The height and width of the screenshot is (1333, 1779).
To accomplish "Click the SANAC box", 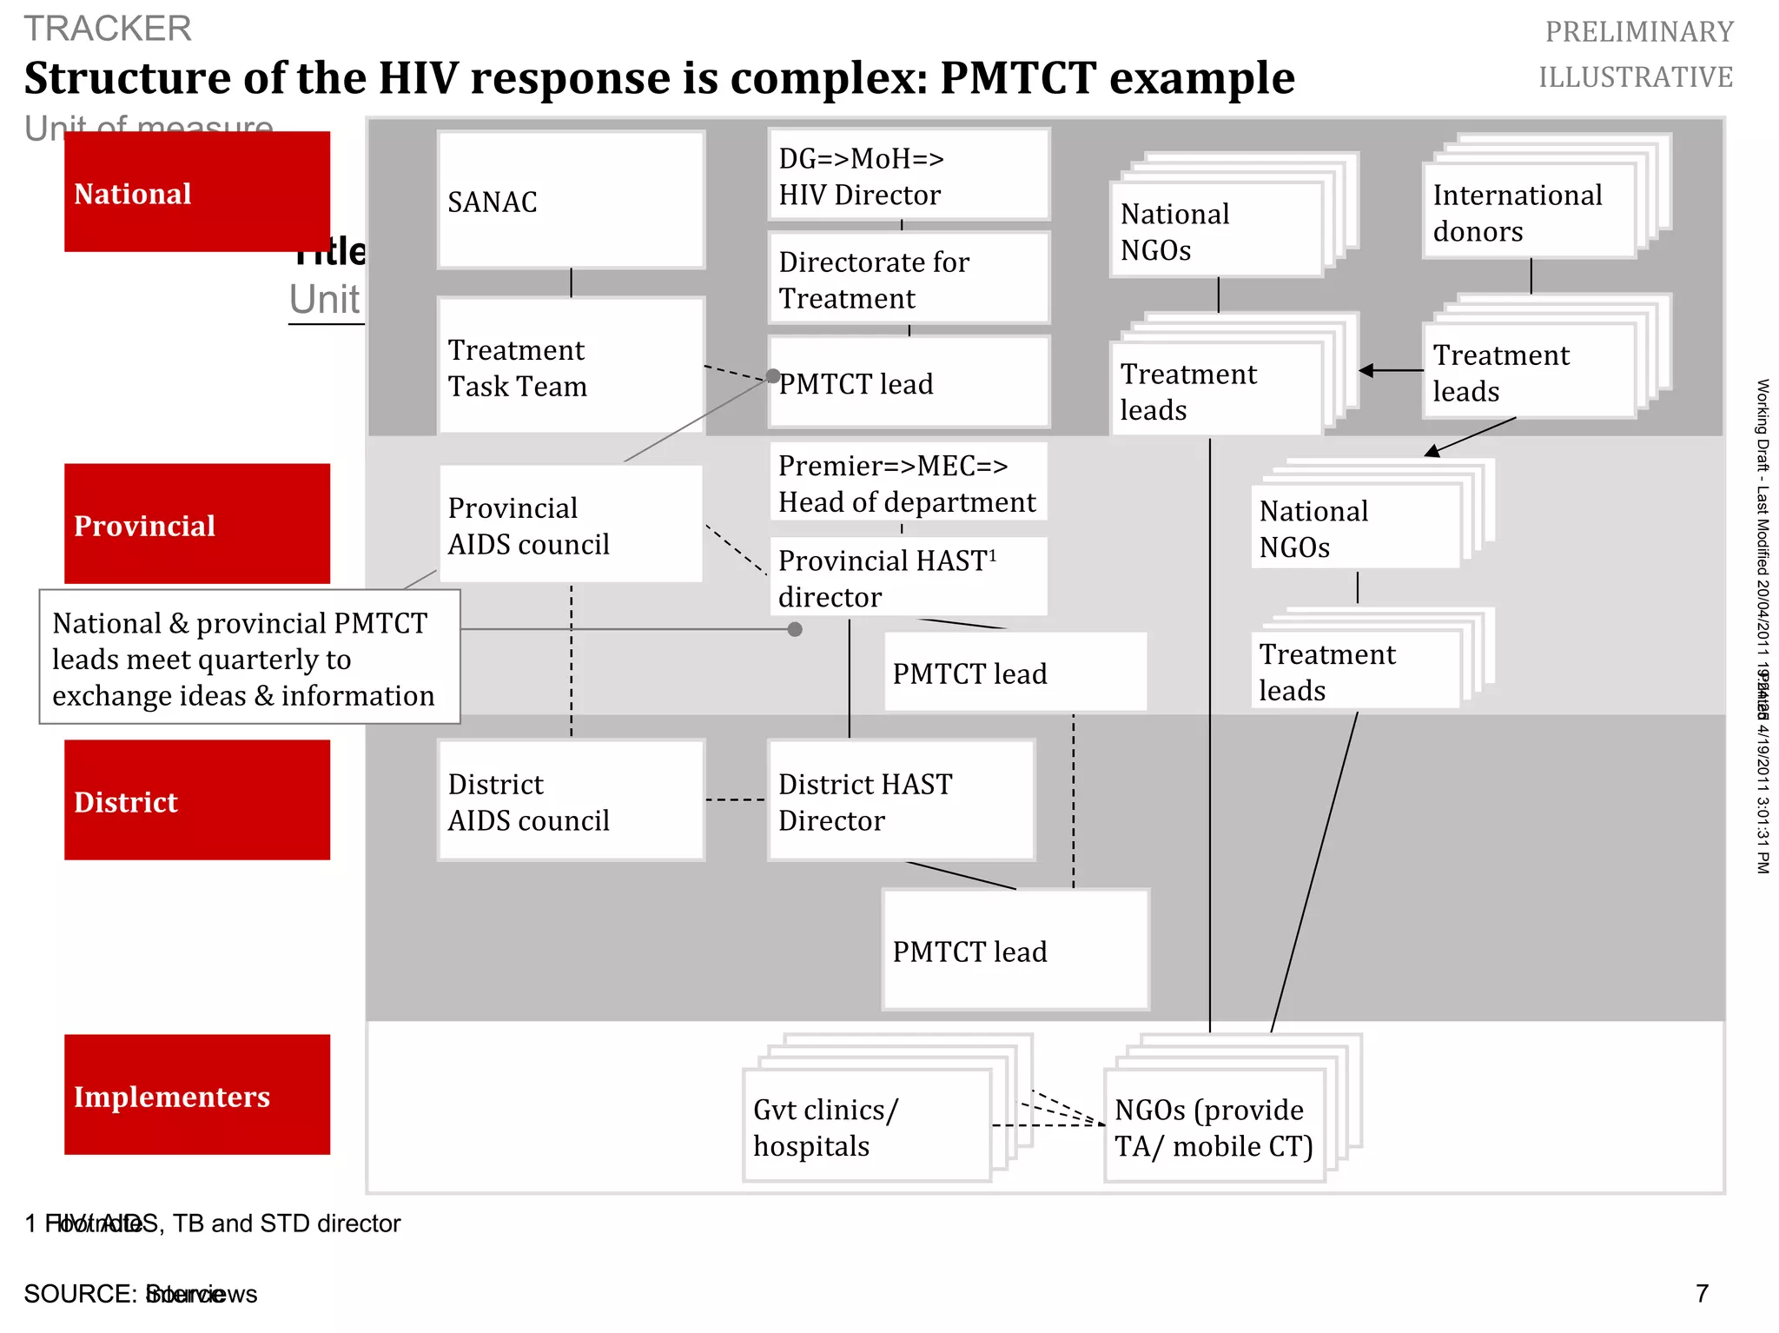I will (x=571, y=200).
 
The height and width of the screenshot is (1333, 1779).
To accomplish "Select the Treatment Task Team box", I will (x=571, y=367).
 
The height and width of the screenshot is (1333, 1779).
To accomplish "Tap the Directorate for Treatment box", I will (x=909, y=279).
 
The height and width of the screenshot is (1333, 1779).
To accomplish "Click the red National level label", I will (x=197, y=192).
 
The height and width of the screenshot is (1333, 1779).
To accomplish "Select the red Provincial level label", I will (x=197, y=524).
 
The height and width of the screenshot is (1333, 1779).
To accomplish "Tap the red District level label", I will (x=197, y=800).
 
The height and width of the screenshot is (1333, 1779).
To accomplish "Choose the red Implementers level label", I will (x=197, y=1095).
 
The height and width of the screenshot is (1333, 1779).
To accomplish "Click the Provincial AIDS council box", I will (x=571, y=525).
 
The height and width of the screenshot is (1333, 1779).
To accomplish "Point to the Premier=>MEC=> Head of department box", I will (x=909, y=482).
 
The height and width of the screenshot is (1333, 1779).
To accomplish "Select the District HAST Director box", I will (x=901, y=800).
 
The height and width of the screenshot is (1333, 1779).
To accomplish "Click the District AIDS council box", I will (x=571, y=800).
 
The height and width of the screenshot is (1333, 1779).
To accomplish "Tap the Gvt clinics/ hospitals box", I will (x=867, y=1126).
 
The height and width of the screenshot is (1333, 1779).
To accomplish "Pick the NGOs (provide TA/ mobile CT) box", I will (x=1214, y=1126).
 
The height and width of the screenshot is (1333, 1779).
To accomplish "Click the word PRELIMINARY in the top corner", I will (x=1638, y=32).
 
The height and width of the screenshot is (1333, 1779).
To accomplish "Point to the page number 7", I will (x=1702, y=1294).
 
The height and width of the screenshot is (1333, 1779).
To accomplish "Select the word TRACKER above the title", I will (x=108, y=29).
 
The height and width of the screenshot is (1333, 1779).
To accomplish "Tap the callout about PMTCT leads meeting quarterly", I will (x=249, y=658).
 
